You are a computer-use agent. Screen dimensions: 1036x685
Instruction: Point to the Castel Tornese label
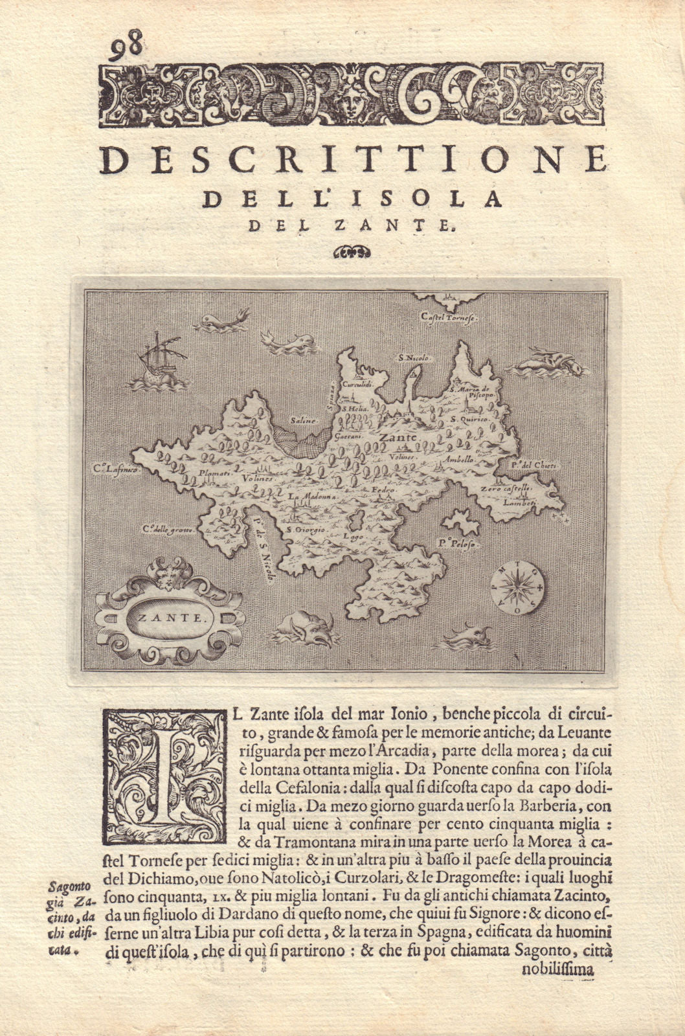click(449, 319)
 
